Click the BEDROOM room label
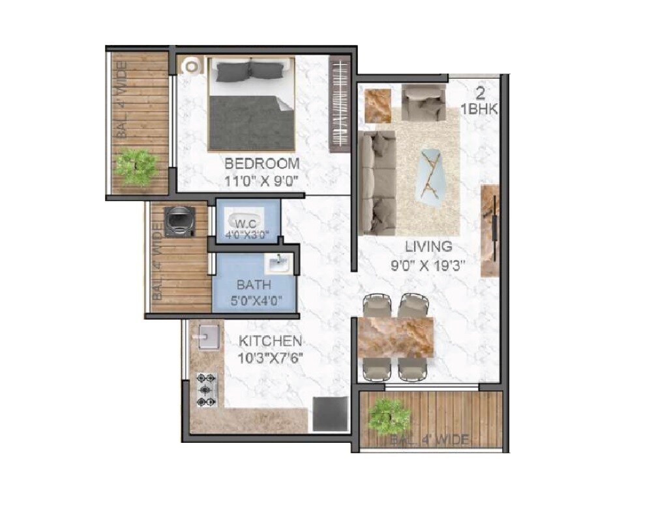(262, 163)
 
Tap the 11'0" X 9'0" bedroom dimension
(261, 181)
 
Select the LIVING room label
(428, 247)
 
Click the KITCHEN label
(270, 341)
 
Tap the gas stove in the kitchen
(207, 390)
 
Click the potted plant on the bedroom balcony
(137, 166)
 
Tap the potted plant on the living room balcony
(389, 415)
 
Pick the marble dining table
(396, 336)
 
